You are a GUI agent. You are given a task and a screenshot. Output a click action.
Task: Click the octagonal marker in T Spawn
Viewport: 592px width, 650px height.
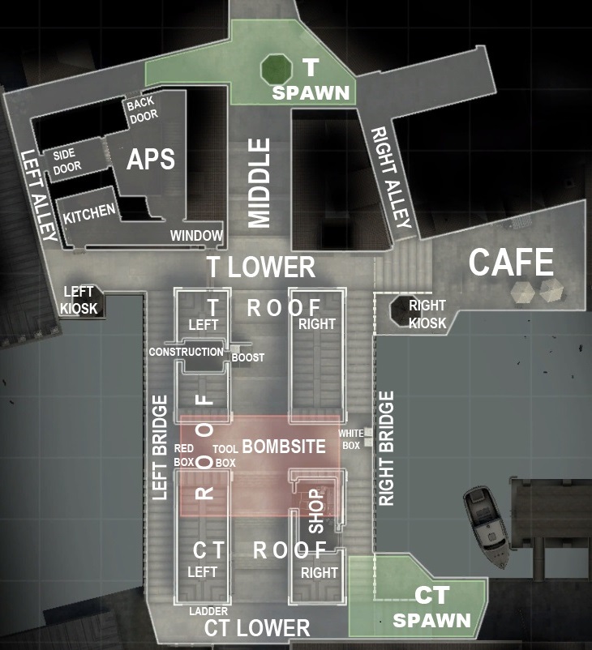pos(277,69)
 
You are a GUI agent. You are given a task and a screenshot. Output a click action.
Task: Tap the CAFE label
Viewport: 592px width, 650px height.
pos(512,263)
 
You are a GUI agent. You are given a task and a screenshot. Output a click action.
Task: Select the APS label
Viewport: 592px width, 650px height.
pos(151,159)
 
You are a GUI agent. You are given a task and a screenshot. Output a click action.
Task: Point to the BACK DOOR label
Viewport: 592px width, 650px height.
pos(142,110)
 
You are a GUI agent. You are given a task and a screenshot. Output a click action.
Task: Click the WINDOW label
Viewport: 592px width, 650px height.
pos(195,236)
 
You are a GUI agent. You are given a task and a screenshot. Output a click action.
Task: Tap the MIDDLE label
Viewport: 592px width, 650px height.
pos(258,182)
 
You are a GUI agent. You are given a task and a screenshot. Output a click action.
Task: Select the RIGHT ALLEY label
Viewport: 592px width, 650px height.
pos(391,177)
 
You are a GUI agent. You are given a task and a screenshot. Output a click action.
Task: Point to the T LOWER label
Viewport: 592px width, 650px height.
pos(260,267)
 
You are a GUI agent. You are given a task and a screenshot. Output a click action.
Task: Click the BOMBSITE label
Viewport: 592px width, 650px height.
pos(284,447)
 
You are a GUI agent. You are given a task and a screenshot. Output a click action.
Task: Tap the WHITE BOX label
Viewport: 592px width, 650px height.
pos(350,439)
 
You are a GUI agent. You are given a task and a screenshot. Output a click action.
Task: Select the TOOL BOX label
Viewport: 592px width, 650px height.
pos(224,455)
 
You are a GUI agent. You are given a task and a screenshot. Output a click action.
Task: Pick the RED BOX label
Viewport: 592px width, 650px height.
pos(184,455)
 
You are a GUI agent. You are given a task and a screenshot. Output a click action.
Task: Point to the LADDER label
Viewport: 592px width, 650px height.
pos(208,610)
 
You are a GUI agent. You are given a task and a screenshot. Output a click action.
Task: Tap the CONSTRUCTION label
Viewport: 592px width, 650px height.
pos(186,352)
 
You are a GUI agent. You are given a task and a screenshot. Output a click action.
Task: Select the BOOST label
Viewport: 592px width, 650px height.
pos(248,357)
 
